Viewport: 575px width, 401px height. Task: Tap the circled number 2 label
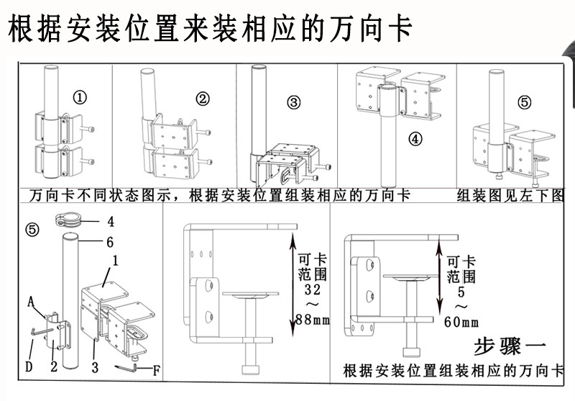point(203,99)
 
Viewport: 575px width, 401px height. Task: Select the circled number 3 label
point(294,102)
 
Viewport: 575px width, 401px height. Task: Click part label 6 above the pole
point(110,242)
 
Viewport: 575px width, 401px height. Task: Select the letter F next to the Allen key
point(156,371)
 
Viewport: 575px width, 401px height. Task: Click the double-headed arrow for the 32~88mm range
point(293,274)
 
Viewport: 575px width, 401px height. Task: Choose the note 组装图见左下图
point(510,195)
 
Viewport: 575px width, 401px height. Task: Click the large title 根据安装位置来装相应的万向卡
point(209,30)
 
